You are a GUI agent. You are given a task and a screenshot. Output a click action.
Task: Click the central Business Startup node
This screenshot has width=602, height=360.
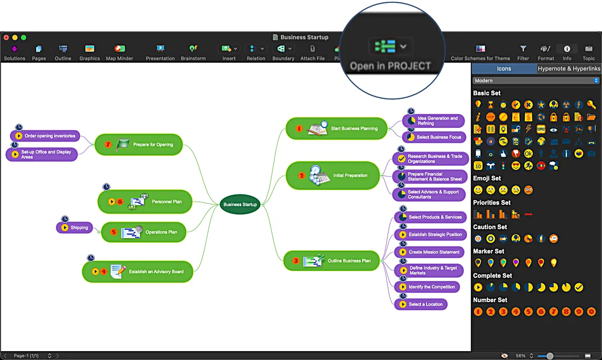(240, 204)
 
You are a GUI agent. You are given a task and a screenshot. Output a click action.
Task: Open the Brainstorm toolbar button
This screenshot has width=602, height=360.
(193, 52)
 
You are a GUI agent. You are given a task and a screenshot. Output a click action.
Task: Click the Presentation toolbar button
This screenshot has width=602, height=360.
(160, 52)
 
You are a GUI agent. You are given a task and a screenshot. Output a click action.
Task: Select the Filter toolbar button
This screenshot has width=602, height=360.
(523, 52)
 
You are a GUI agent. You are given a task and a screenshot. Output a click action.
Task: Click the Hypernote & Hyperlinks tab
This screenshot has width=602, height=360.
(569, 69)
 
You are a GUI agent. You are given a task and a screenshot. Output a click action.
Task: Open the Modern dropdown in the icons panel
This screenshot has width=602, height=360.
(536, 81)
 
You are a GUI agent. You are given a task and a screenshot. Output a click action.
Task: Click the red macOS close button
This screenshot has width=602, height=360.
(6, 38)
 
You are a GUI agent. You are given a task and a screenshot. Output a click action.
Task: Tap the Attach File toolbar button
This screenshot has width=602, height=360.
(313, 52)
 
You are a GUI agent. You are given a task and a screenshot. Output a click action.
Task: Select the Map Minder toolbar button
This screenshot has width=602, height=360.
(119, 52)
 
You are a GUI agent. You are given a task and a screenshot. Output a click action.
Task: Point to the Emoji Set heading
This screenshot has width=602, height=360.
(487, 178)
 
